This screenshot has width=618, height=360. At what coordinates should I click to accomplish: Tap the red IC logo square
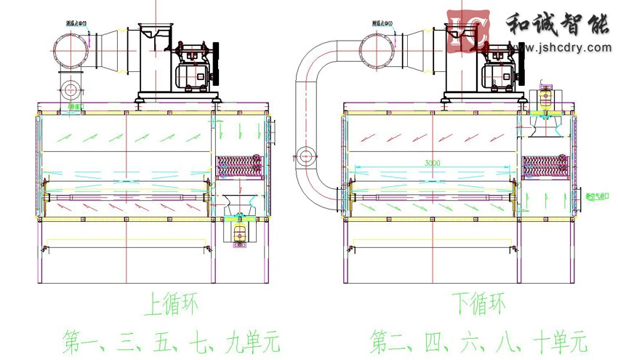[466, 31]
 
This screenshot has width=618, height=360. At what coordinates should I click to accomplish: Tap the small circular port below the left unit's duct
[71, 90]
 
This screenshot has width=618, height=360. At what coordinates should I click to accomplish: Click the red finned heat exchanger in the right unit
[544, 165]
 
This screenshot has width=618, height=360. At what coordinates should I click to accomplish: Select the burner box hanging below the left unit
[239, 232]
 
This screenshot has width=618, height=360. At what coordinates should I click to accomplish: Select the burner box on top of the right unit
[544, 100]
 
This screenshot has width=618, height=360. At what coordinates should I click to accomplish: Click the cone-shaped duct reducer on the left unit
[109, 49]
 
